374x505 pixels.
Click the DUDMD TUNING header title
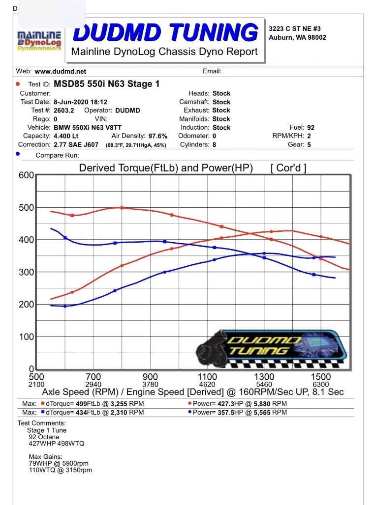tap(165, 32)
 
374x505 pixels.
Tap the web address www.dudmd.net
tap(60, 71)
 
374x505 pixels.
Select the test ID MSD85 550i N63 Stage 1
tap(106, 84)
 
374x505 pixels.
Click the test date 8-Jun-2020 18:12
tap(73, 102)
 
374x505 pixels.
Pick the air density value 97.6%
tap(157, 136)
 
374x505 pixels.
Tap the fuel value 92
tap(311, 128)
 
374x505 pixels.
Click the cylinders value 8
tap(215, 145)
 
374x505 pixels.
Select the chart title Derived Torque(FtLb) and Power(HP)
tap(166, 168)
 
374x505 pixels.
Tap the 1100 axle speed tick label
tap(207, 377)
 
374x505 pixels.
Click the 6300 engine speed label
tap(321, 384)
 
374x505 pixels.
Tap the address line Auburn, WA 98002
tap(297, 37)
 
